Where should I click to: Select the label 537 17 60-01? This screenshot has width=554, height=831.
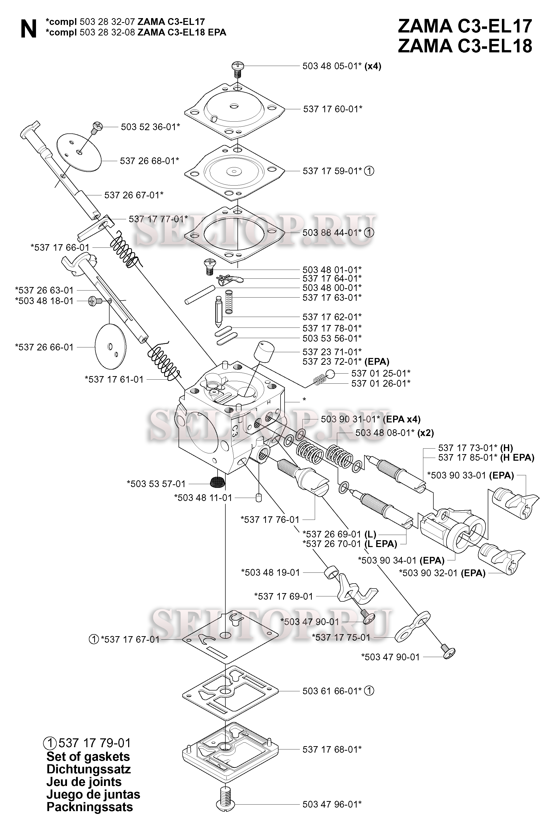point(332,109)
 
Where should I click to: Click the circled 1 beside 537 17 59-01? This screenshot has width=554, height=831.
point(369,171)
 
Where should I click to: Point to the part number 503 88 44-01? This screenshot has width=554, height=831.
point(332,233)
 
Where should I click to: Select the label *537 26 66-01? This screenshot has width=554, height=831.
point(44,347)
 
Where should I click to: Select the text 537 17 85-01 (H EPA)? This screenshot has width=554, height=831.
point(486,458)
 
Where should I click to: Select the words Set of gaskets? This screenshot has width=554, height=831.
point(88,756)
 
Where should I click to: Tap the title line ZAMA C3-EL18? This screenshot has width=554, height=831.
point(465,46)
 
